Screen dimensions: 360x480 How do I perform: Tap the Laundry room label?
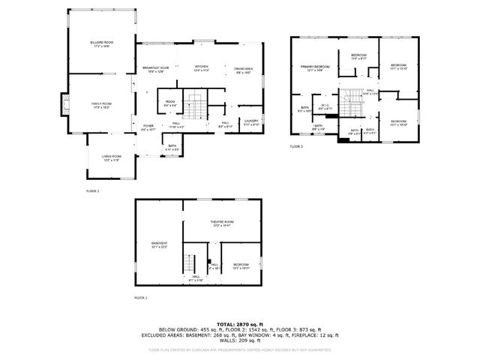(250, 123)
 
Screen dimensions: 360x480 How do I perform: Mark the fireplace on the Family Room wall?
(64, 104)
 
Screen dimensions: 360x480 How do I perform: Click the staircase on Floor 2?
(196, 107)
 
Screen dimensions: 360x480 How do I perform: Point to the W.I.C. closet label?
(325, 106)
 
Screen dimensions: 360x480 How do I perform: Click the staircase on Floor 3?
(350, 101)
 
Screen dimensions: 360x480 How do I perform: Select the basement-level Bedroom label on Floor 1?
(241, 265)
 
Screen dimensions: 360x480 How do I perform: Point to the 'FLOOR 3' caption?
(296, 147)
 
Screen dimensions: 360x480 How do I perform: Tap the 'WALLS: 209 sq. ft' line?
(239, 341)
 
